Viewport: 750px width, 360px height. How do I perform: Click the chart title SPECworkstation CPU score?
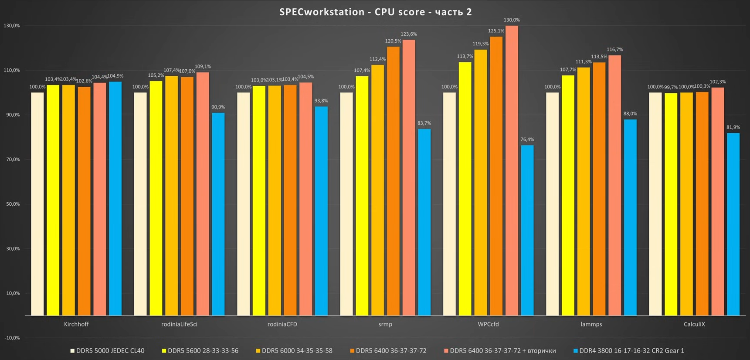[x=375, y=12]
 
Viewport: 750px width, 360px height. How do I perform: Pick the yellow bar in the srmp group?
[x=362, y=196]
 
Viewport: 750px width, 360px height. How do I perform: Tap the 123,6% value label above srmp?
[x=409, y=34]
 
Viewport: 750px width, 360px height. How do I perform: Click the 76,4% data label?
[x=527, y=139]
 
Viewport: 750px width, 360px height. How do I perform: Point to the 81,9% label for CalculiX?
[x=733, y=127]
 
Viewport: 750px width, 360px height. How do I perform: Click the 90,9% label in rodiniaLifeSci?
[x=218, y=107]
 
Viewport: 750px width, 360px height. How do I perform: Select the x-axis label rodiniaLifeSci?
[x=179, y=324]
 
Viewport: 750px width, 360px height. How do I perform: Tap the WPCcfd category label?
[x=488, y=324]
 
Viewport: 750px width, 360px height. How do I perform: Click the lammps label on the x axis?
[x=591, y=324]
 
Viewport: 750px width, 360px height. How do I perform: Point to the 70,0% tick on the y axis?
[x=13, y=160]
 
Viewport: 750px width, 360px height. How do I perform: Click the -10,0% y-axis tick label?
[x=12, y=338]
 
